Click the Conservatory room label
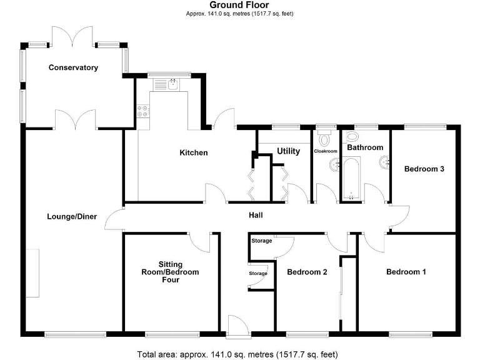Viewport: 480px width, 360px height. (74, 67)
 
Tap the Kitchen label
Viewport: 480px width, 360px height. (194, 152)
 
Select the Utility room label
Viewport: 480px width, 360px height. (288, 151)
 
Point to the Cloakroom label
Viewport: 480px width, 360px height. (326, 151)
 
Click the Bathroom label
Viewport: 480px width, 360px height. (365, 147)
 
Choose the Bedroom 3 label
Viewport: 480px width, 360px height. (424, 168)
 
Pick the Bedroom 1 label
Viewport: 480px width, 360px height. (406, 272)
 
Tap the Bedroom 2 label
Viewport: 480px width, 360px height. (307, 272)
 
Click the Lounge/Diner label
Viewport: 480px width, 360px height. (72, 217)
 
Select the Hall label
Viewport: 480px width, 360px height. (255, 216)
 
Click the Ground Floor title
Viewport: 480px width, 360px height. (239, 5)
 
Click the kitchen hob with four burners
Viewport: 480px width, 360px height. (143, 111)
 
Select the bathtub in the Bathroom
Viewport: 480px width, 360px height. (351, 179)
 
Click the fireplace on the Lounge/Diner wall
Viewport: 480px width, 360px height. (32, 272)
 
